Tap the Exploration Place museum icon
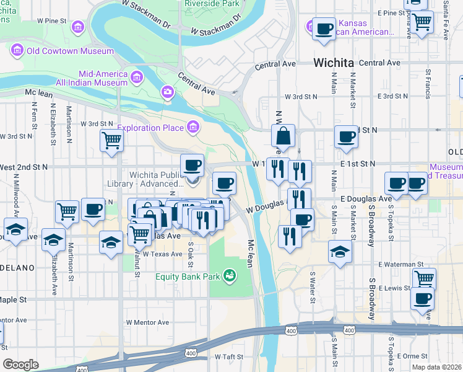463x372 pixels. click(x=194, y=128)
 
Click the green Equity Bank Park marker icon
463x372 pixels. click(x=230, y=275)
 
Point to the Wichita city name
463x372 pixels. click(x=333, y=63)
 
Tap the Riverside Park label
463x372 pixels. click(x=212, y=3)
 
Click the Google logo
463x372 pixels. click(x=20, y=365)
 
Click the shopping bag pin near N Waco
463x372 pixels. click(x=283, y=136)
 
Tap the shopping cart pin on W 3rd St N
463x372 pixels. click(x=111, y=140)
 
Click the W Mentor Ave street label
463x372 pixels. click(x=147, y=322)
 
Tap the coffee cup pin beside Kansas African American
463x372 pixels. click(x=323, y=28)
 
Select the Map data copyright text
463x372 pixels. click(x=437, y=367)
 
